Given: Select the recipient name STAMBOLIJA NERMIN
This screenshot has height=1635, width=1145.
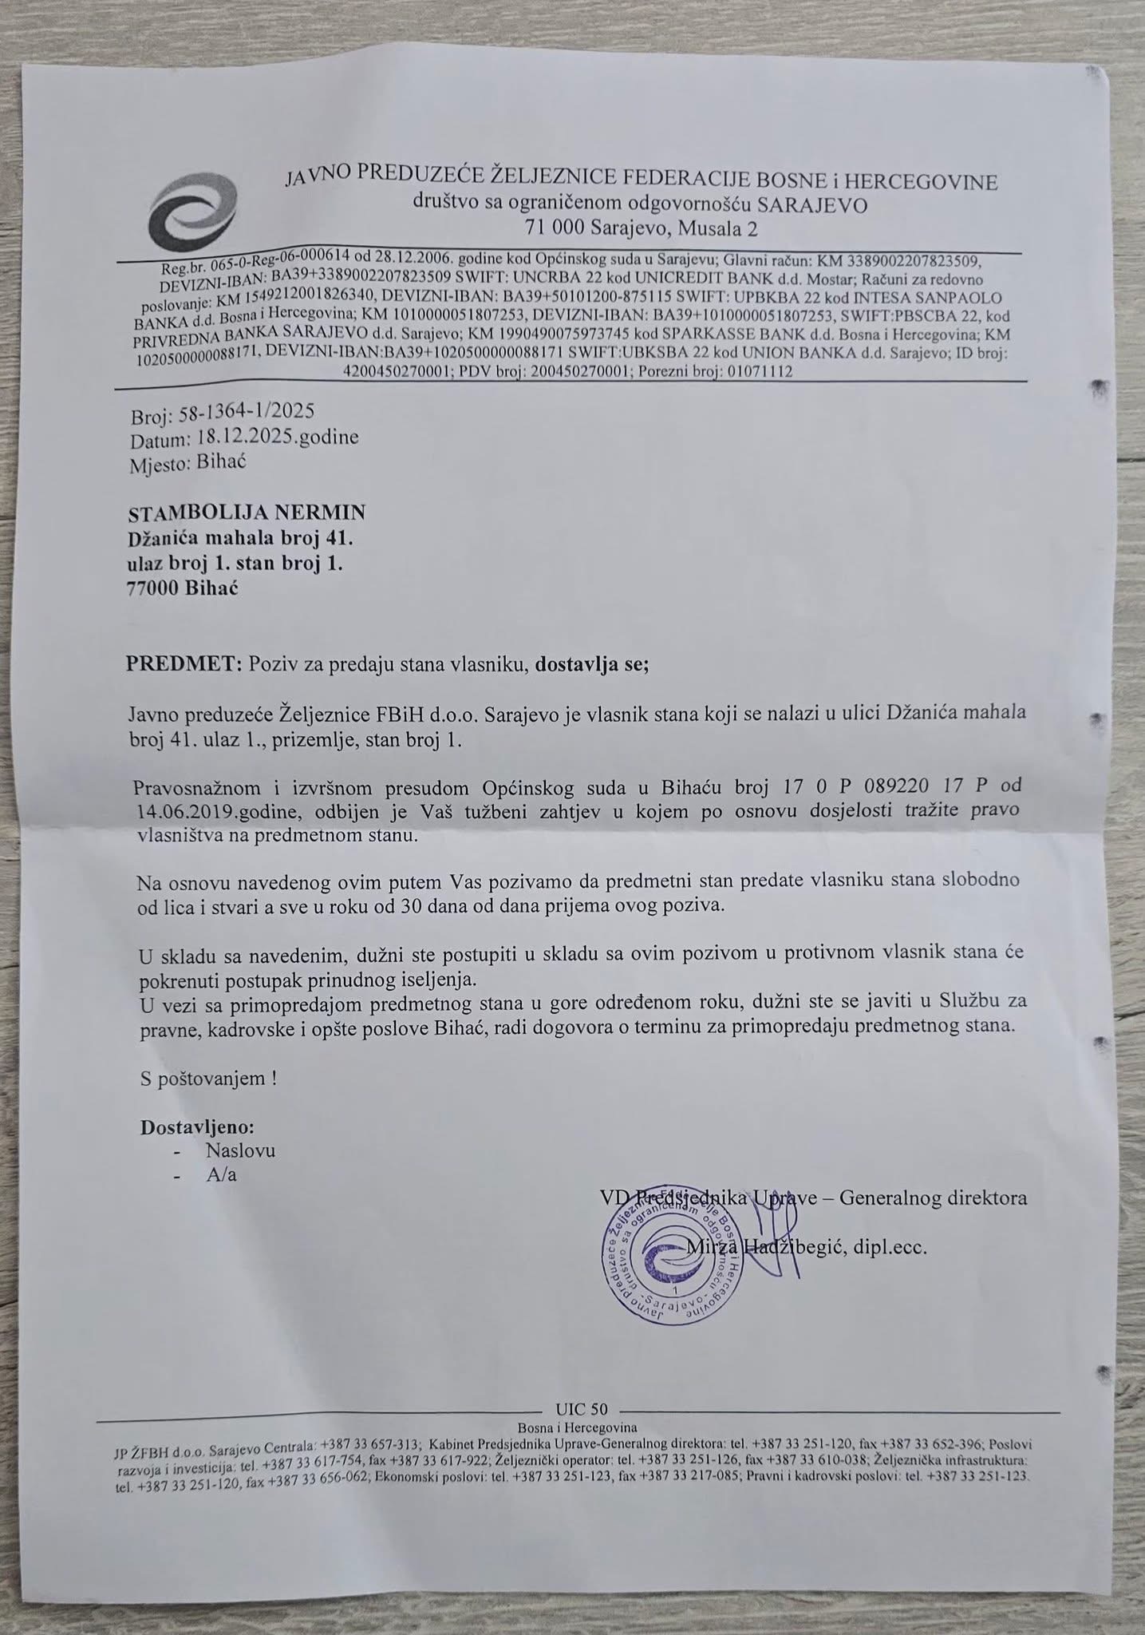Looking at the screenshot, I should click(246, 512).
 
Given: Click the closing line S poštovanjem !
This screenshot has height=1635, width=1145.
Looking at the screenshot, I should click(208, 1079).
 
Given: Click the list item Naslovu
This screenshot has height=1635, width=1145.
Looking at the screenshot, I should click(240, 1150).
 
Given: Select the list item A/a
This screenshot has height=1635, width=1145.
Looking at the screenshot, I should click(221, 1175).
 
